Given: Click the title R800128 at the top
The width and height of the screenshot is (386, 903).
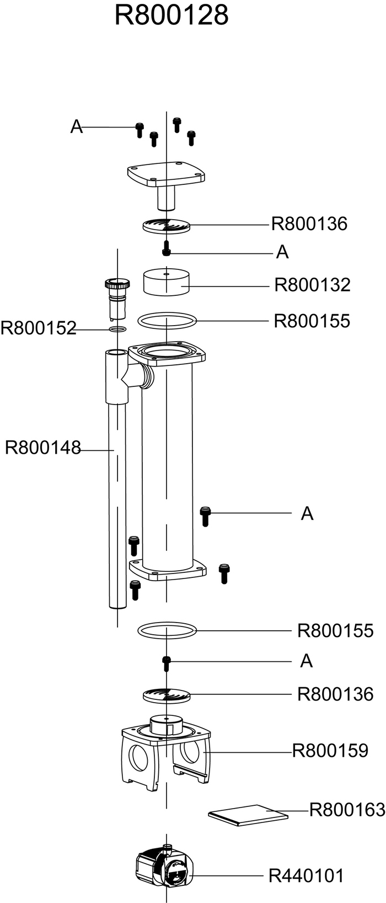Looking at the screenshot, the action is tap(171, 15).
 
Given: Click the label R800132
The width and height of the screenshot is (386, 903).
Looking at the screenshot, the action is tap(312, 285).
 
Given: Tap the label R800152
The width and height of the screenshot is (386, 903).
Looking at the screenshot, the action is tap(38, 328).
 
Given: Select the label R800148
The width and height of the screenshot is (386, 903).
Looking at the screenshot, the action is tap(42, 448).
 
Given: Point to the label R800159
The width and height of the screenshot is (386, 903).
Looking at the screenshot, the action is tap(330, 751).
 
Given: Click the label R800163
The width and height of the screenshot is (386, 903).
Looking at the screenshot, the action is tap(347, 810).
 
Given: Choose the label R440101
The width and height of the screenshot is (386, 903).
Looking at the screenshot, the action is tap(306, 875).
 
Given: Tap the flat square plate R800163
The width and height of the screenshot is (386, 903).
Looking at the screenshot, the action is tap(248, 815).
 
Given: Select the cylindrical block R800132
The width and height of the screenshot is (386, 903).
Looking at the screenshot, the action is tap(167, 281).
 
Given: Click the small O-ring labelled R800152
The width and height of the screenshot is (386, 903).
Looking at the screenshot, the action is tap(117, 330).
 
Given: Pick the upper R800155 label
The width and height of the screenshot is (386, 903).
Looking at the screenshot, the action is tap(312, 321).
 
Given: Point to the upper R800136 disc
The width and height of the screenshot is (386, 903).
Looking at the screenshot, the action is tap(167, 225).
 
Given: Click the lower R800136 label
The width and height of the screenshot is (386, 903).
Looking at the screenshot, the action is tap(335, 694).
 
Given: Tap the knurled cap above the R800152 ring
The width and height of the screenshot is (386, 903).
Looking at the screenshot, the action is tap(117, 283).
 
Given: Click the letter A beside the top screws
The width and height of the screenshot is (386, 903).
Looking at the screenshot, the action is tap(77, 126).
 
